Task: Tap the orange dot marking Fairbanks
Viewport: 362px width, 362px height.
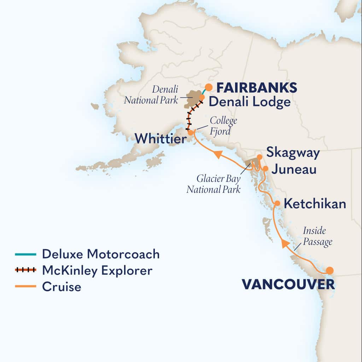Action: click(x=209, y=87)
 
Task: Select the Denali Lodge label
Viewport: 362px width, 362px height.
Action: click(x=250, y=102)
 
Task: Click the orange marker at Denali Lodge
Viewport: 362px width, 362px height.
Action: click(x=202, y=97)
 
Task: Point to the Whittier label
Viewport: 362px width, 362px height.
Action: click(x=160, y=139)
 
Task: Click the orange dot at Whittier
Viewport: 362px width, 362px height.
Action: click(x=191, y=133)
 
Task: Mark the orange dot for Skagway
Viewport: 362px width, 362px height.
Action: click(x=259, y=157)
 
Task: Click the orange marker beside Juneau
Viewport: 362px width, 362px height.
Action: click(x=265, y=168)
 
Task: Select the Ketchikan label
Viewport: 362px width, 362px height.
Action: click(x=315, y=204)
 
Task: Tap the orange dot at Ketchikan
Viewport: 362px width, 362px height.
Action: click(x=278, y=203)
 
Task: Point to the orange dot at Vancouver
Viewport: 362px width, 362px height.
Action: click(x=329, y=270)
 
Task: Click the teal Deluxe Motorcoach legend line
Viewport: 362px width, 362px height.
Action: click(x=25, y=254)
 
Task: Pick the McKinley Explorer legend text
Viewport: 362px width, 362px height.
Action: click(x=97, y=270)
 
